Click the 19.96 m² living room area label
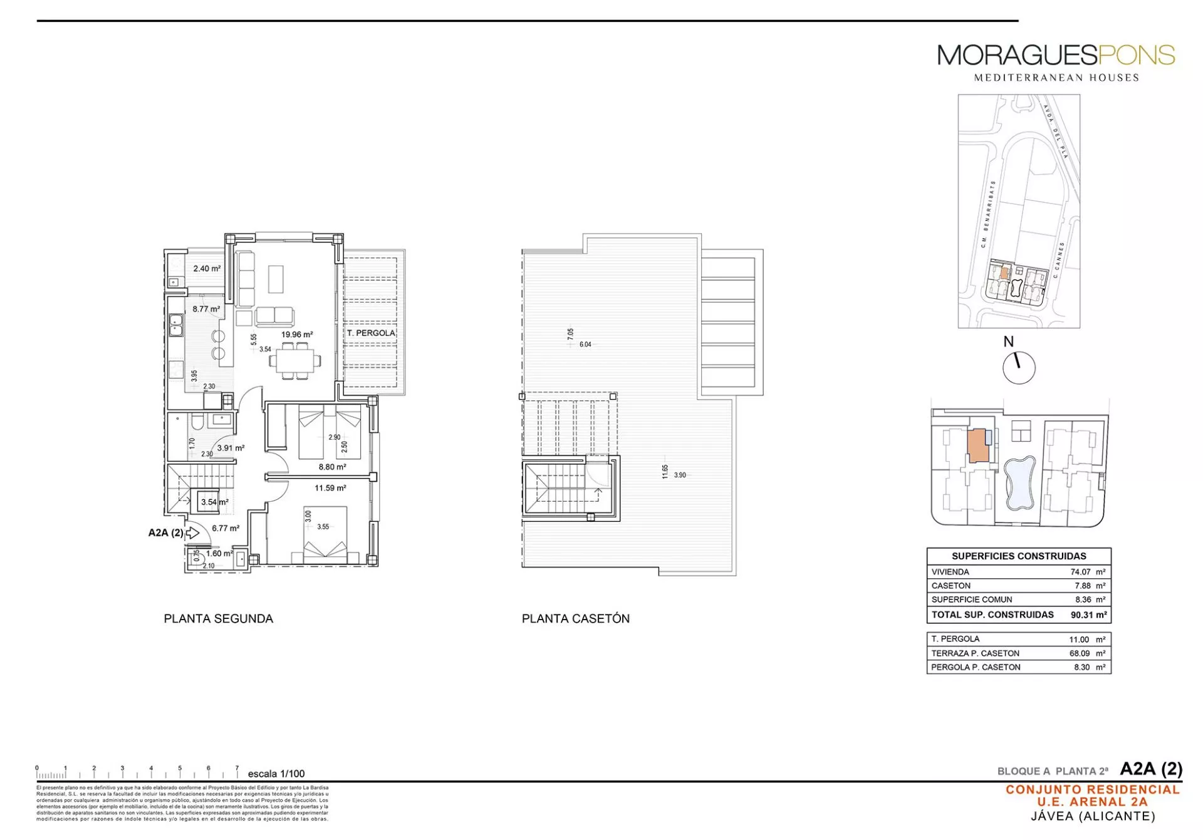pos(296,334)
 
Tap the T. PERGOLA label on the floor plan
pos(371,333)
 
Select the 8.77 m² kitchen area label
pos(206,309)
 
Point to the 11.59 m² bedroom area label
pos(330,488)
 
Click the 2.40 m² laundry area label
pos(207,268)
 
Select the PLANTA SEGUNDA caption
pos(218,619)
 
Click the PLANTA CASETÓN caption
pos(575,619)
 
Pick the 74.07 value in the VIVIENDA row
pos(1081,572)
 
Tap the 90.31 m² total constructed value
pos(1088,615)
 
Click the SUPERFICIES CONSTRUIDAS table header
pos(1019,556)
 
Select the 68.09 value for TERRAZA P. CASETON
pos(1080,653)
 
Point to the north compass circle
pos(1019,368)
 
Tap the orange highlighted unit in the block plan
pos(977,446)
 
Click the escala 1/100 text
pos(276,774)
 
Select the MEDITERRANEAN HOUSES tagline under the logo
pos(1056,78)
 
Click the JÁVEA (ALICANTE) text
pos(1093,816)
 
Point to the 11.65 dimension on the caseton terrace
pos(665,472)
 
